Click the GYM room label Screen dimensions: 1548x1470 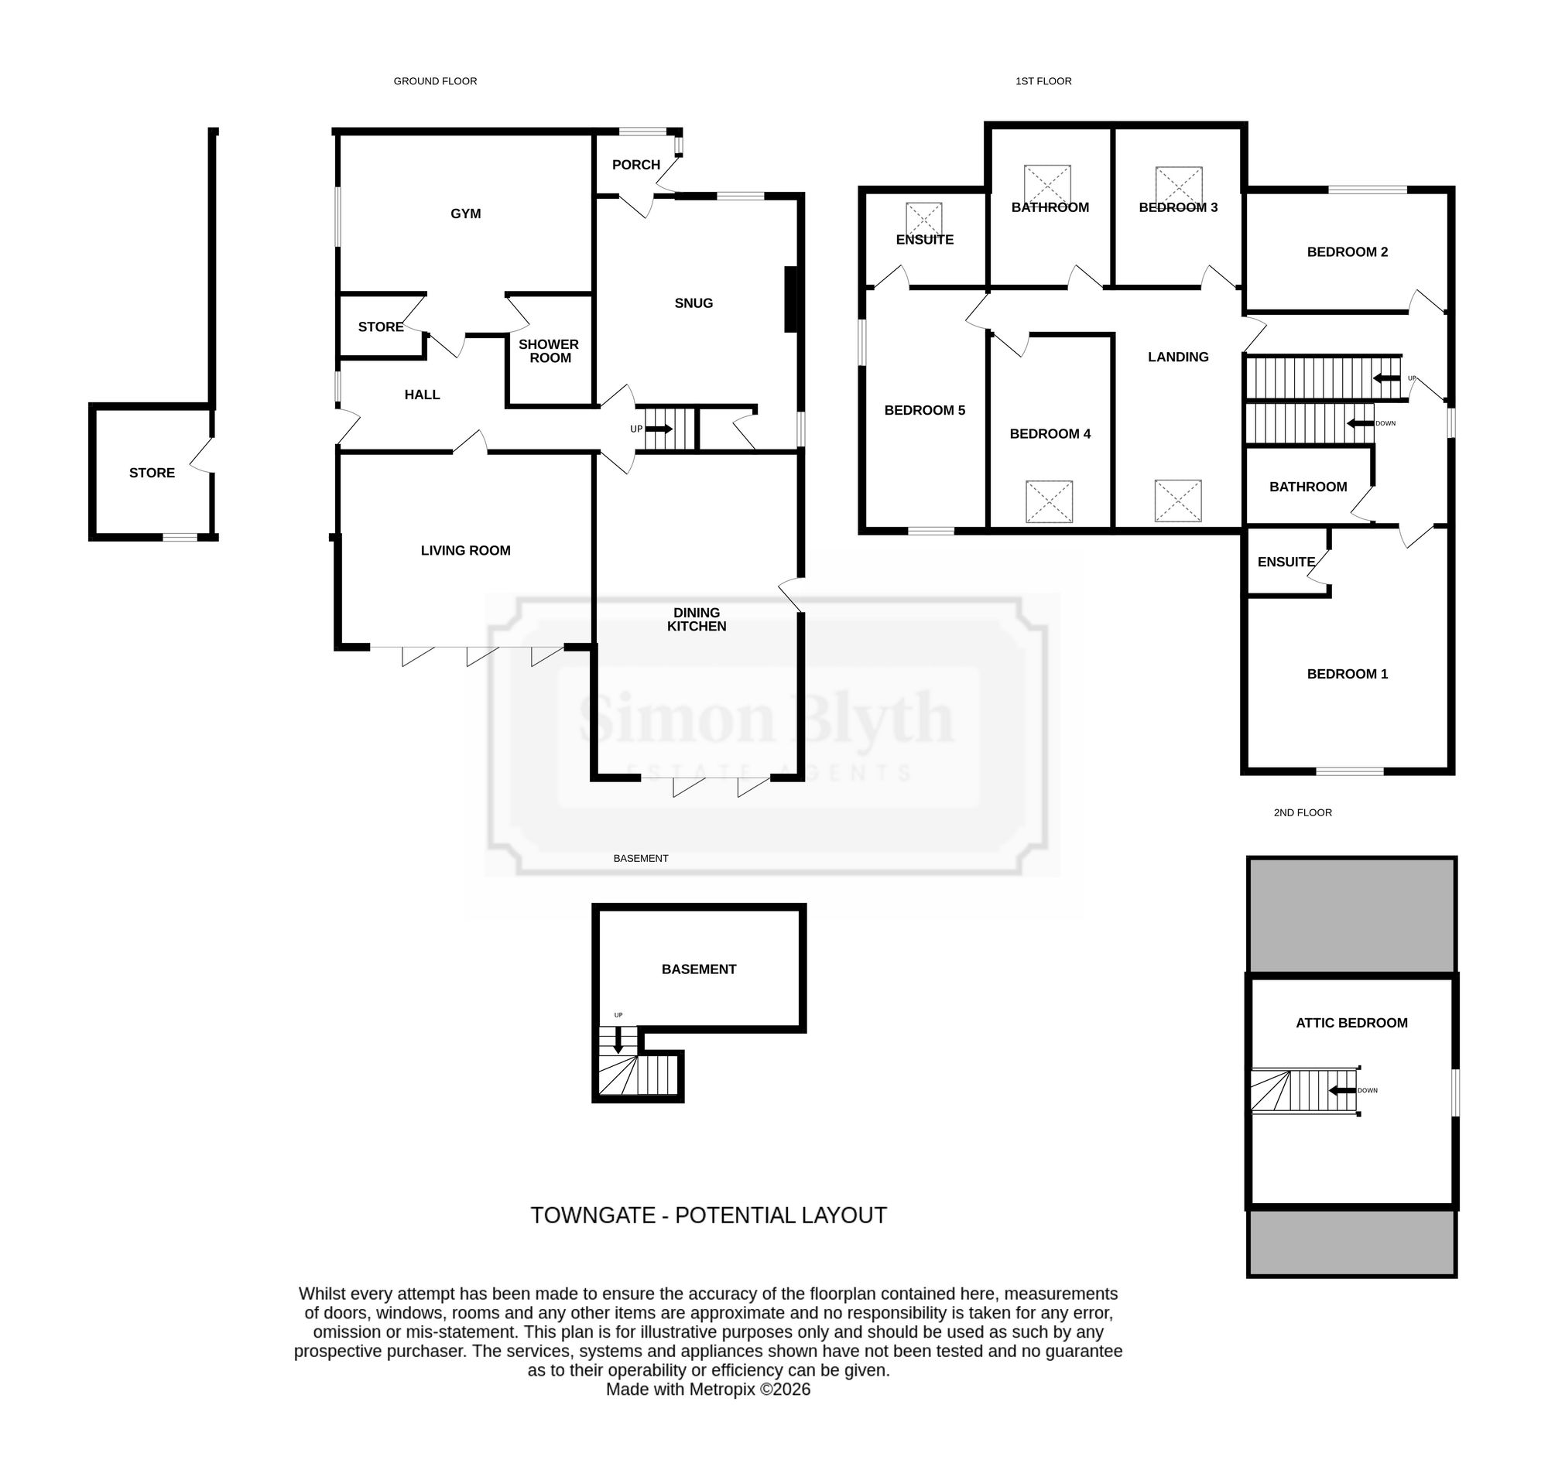466,214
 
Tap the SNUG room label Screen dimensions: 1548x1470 694,303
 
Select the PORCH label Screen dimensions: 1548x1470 635,165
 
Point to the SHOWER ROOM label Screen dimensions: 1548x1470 549,351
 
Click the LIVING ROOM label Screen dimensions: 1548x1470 466,551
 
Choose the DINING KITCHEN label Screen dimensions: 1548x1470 697,619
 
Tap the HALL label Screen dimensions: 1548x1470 422,395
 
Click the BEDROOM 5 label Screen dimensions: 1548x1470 925,410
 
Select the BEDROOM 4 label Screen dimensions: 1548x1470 1050,433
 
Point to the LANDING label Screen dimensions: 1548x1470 1178,357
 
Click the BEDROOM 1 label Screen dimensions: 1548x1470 1348,674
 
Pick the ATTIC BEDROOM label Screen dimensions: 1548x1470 1351,1023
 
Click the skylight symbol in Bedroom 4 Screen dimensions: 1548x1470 1050,501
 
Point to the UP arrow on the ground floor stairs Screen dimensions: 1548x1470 659,429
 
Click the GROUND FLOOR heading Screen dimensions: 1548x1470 435,80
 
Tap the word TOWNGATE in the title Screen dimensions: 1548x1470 593,1215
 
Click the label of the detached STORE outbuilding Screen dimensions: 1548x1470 152,473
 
